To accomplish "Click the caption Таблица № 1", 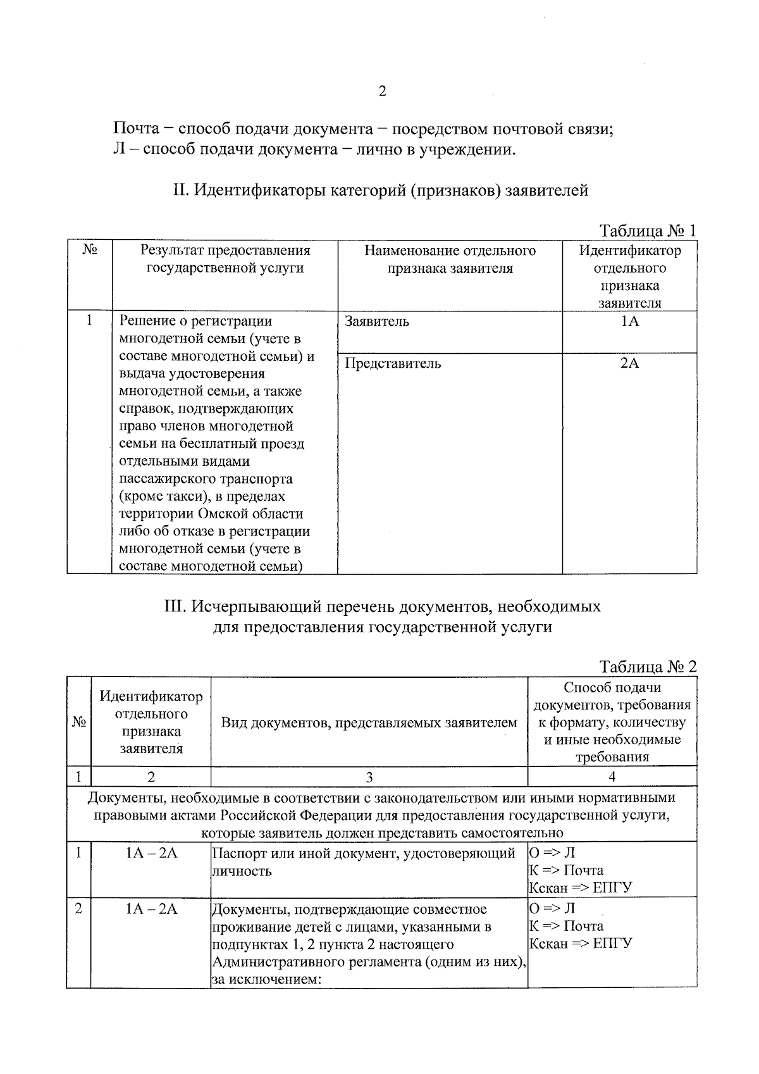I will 647,230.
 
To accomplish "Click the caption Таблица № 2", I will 647,667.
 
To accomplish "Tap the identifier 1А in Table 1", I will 629,322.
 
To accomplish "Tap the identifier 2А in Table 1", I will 629,364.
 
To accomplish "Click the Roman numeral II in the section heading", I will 179,190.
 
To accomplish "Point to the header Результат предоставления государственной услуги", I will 225,259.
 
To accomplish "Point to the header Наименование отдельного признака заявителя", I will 450,259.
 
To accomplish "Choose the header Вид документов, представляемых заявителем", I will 369,723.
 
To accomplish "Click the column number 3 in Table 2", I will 369,777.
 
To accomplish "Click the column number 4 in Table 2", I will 612,777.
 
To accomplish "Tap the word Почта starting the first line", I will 135,130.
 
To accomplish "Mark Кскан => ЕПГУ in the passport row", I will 580,888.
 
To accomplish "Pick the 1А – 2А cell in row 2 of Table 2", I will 151,909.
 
